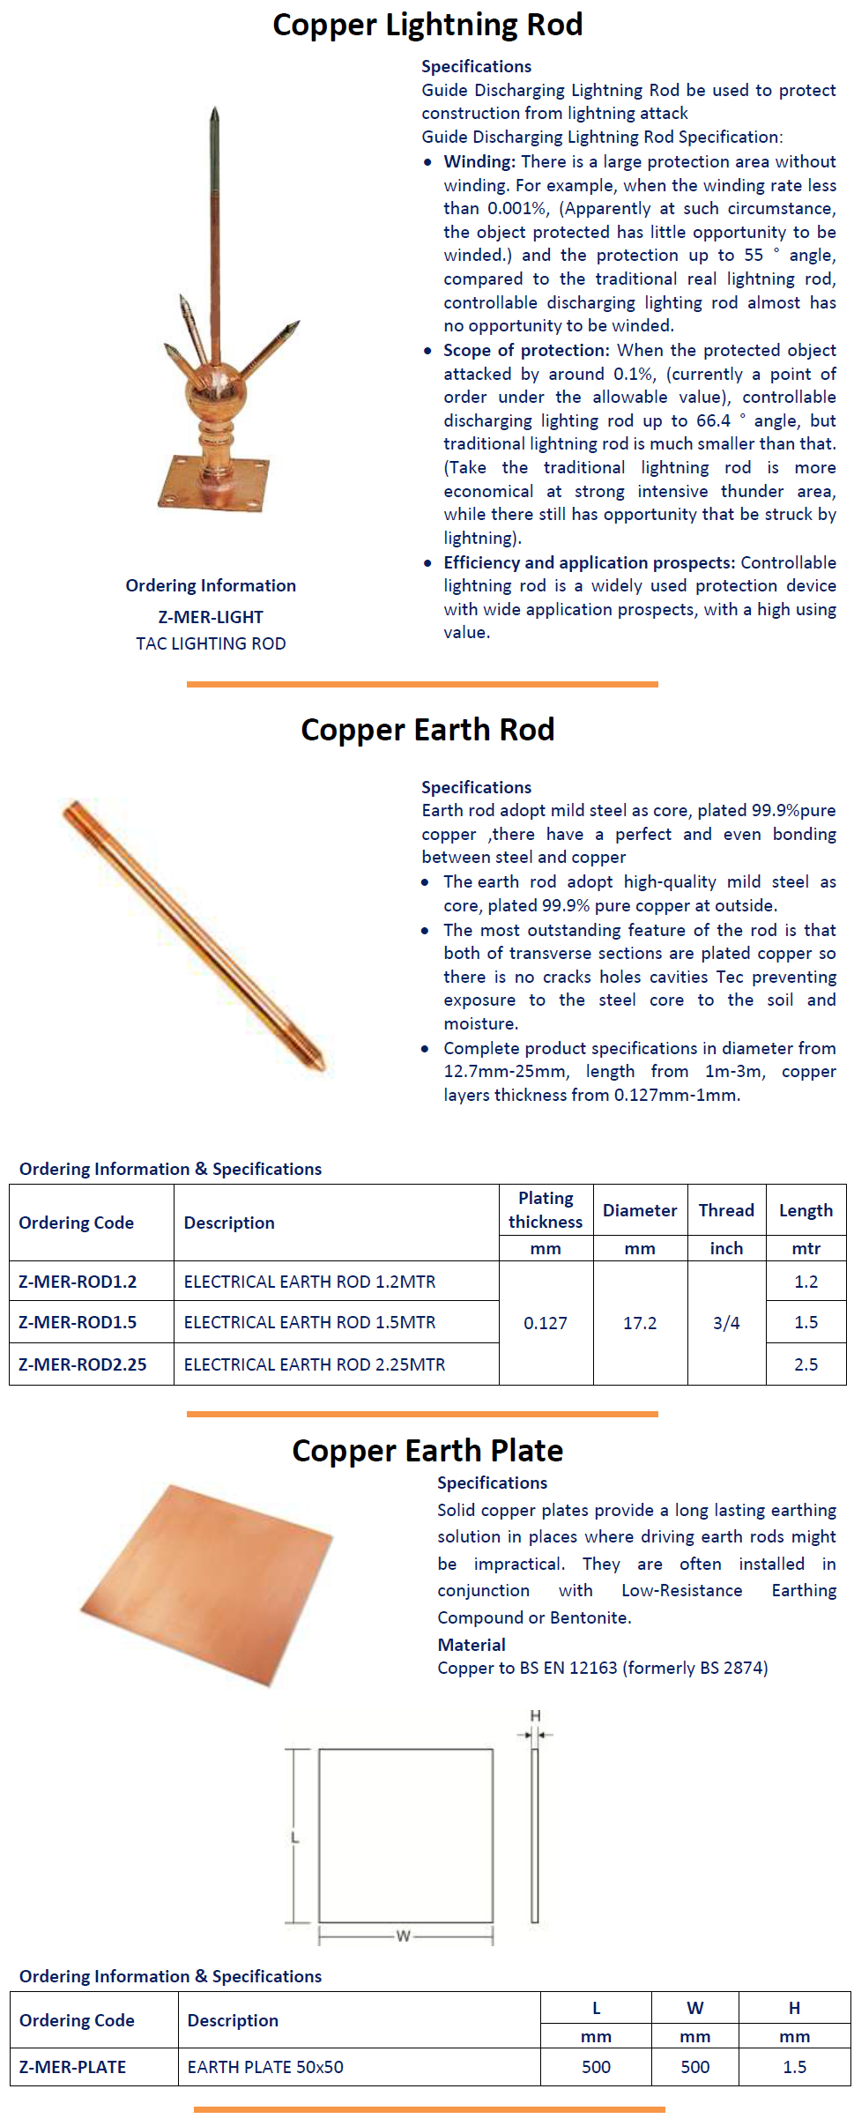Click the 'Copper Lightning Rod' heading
pos(427,25)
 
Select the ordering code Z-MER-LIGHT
pos(211,617)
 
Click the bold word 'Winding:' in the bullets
pos(479,161)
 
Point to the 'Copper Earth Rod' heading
pos(427,730)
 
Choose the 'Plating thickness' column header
pos(546,1209)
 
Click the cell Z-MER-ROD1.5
pos(78,1322)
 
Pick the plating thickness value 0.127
pos(546,1323)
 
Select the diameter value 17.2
pos(640,1323)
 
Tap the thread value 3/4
pos(726,1323)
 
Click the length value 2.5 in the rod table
pos(806,1364)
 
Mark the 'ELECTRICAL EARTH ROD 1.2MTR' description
pos(309,1282)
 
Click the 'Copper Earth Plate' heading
pos(427,1451)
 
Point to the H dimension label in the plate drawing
pos(535,1716)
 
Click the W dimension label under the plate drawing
pos(404,1936)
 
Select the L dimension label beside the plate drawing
pos(295,1838)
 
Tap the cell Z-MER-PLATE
pos(72,2067)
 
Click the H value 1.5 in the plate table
pos(794,2067)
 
